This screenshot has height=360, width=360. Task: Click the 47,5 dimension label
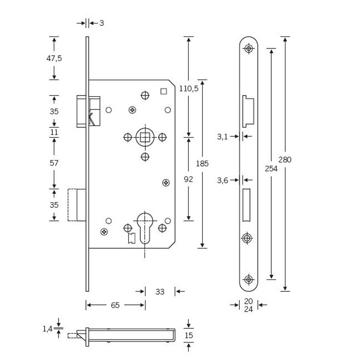point(54,58)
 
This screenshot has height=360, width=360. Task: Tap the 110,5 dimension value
point(189,88)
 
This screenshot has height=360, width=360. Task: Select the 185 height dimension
point(202,164)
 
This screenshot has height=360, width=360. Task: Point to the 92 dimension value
point(189,179)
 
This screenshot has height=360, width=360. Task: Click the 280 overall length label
point(285,159)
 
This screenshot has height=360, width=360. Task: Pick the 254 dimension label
point(271,168)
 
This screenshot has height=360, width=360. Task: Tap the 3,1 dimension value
point(222,137)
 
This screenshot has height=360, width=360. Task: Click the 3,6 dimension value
point(222,180)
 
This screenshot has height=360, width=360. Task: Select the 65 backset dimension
point(115,305)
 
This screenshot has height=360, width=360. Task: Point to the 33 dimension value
point(160,291)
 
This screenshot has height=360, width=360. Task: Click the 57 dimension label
point(54,163)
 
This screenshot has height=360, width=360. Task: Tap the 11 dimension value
point(54,132)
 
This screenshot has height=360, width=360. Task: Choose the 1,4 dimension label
point(47,328)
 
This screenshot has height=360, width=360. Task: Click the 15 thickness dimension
point(189,335)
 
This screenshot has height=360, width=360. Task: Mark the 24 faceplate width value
point(248,309)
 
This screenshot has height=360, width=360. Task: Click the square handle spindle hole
point(145,138)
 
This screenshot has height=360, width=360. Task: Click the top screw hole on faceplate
point(249,48)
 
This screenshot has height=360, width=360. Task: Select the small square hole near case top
point(163,91)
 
